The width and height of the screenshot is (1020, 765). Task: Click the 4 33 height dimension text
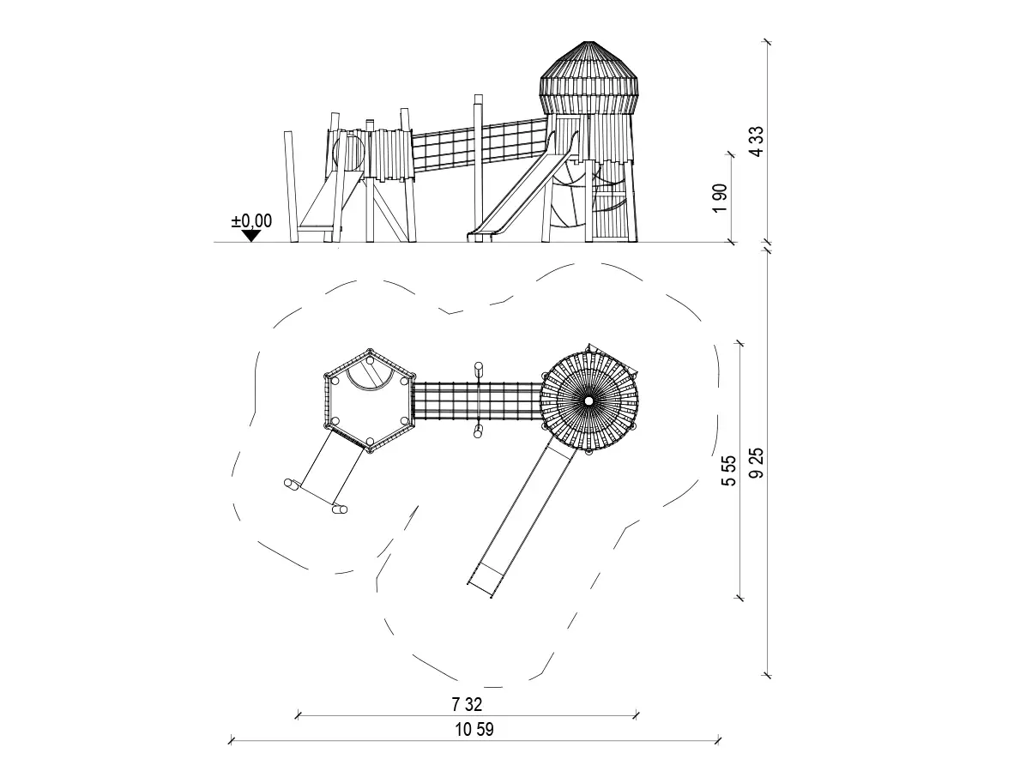pos(757,142)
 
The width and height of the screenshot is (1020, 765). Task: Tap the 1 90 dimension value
pos(720,198)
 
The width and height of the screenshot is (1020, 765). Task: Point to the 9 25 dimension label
pos(757,463)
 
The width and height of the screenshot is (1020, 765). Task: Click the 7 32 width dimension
pos(467,704)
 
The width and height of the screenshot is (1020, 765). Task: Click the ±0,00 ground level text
pos(251,221)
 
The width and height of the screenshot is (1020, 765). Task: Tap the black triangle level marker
pos(251,236)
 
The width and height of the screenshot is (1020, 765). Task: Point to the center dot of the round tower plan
pos(588,401)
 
